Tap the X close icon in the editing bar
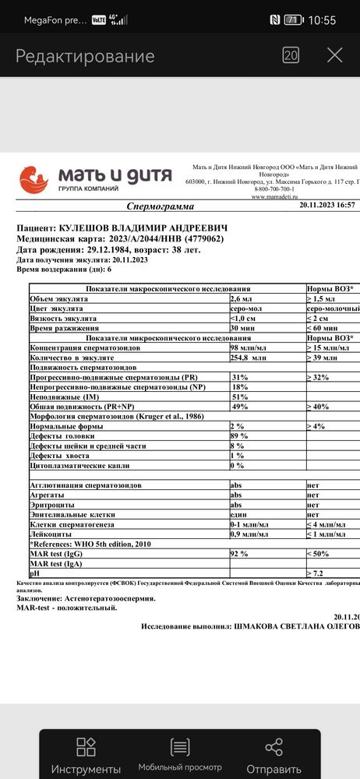[334, 55]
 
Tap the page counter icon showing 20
[291, 55]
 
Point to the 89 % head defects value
[238, 436]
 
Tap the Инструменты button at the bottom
[86, 756]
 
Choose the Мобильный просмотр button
[180, 756]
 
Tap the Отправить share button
[274, 756]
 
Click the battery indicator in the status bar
[294, 19]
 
